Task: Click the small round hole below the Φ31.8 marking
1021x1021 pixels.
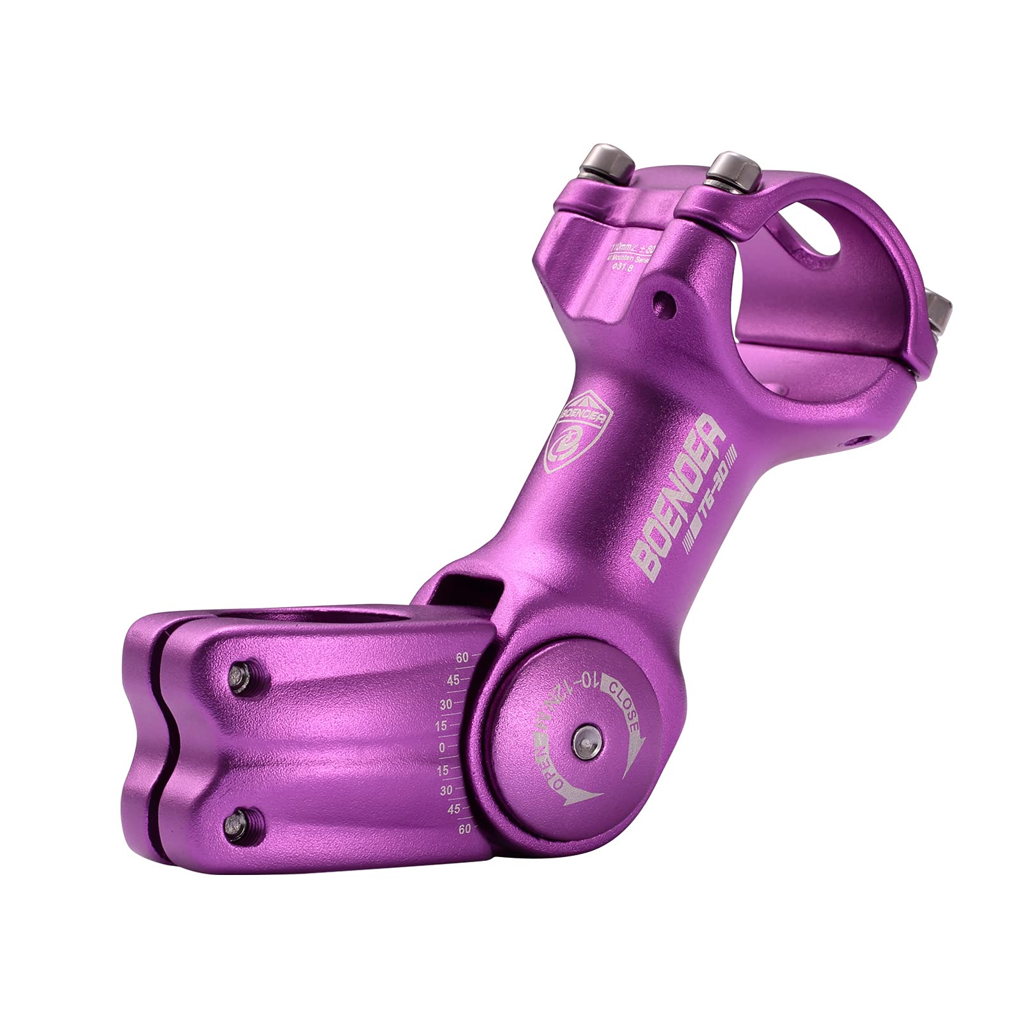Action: click(x=665, y=298)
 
